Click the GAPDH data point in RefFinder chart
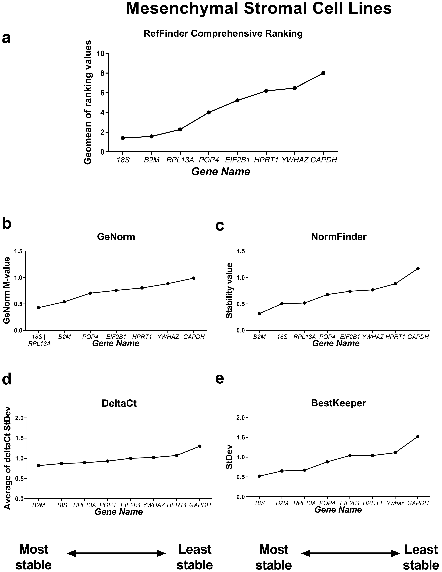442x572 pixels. pyautogui.click(x=323, y=73)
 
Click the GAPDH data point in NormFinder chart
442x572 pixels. pyautogui.click(x=418, y=268)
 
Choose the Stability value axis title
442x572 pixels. pyautogui.click(x=230, y=291)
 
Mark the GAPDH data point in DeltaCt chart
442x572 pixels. pyautogui.click(x=200, y=446)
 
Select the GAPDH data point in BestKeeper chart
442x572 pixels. pyautogui.click(x=418, y=436)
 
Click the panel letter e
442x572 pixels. pyautogui.click(x=220, y=379)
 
